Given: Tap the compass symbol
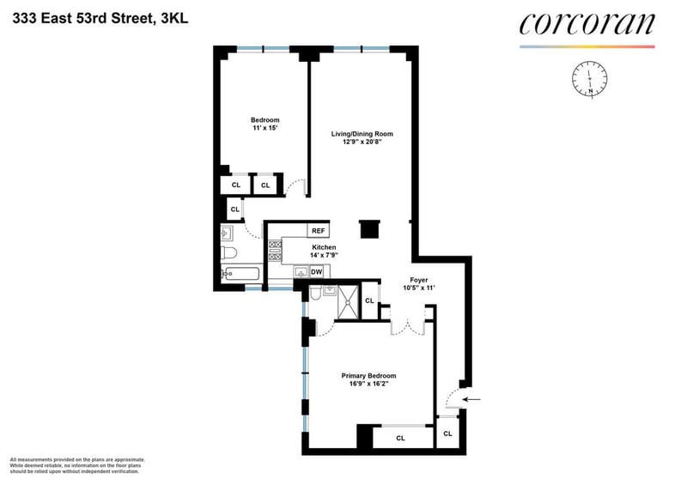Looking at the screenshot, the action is tap(590, 79).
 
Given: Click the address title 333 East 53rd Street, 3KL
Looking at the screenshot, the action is tap(100, 18).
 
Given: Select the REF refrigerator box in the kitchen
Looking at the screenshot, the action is tap(318, 230).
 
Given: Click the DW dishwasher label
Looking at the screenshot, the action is tap(316, 271).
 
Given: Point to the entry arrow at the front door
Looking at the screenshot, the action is tap(471, 399).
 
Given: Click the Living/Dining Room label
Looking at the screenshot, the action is tap(362, 134).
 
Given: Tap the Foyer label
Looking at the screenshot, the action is tap(419, 280).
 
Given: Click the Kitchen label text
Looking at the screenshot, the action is tap(324, 247).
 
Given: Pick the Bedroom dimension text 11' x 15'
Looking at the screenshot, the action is tap(265, 128).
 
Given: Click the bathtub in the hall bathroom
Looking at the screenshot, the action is tap(240, 274).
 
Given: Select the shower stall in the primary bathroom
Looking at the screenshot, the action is tap(349, 302).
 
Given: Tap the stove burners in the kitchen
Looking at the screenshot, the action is tap(275, 250).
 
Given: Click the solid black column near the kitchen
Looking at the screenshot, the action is tap(369, 229).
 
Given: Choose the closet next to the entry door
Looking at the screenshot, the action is tap(447, 433).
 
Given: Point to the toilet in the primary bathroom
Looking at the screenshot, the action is tap(315, 294).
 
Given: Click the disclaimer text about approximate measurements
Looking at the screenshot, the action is tap(77, 466).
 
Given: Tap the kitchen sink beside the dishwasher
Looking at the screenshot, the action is tap(301, 272).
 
